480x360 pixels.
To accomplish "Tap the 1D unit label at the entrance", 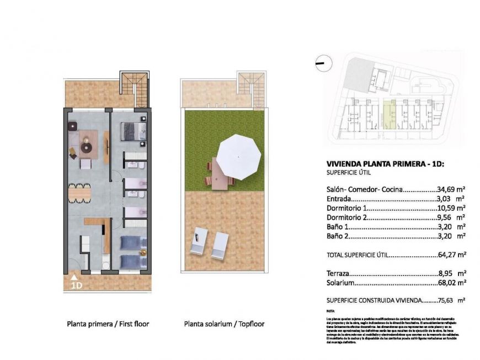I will coord(76,285).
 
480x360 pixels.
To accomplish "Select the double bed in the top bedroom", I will coord(133,132).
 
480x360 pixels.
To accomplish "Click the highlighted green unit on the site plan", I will coord(390,114).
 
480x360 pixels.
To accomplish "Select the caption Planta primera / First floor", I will coord(108,324).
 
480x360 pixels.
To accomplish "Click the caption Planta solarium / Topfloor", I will coord(224,324).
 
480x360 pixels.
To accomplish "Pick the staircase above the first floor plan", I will coord(135,89).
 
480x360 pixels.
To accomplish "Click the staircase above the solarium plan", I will coord(250,89).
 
